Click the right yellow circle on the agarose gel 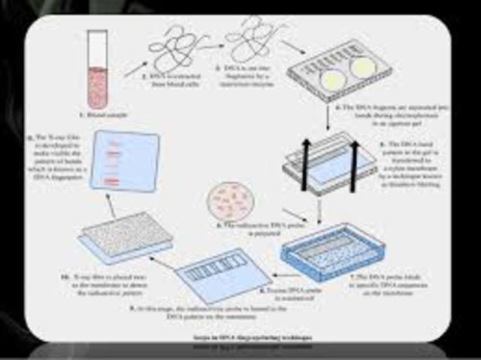[x=362, y=67]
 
